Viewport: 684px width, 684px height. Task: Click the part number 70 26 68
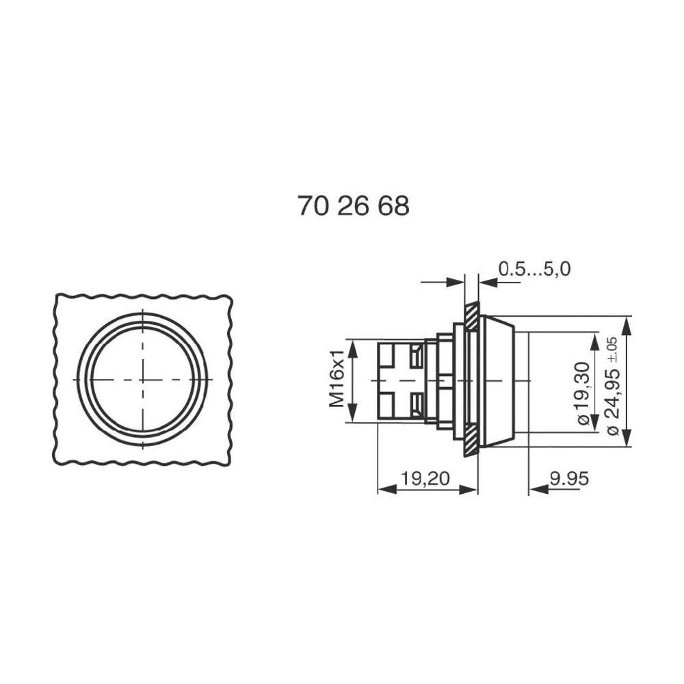pyautogui.click(x=353, y=206)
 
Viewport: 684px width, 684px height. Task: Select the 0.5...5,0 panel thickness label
pyautogui.click(x=534, y=269)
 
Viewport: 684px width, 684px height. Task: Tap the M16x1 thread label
pyautogui.click(x=337, y=380)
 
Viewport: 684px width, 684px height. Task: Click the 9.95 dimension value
pyautogui.click(x=568, y=478)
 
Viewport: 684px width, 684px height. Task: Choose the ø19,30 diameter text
pyautogui.click(x=583, y=393)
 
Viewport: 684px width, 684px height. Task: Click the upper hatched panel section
pyautogui.click(x=471, y=317)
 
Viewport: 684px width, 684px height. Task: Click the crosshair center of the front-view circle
pyautogui.click(x=142, y=379)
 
